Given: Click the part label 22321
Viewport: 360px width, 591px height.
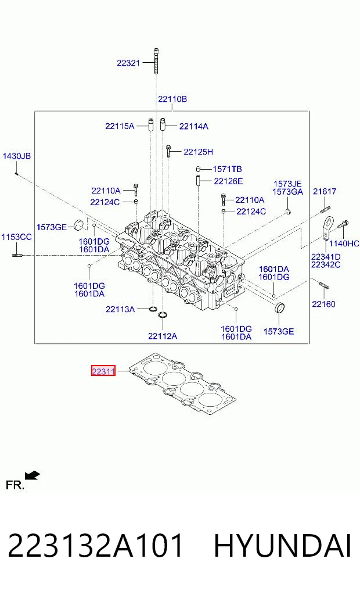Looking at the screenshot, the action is [x=128, y=63].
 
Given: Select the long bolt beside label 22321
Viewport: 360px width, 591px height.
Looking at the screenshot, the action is [x=156, y=61].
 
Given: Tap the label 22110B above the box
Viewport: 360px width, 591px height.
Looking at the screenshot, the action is [x=172, y=99].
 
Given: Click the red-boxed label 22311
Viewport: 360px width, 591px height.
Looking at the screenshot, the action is [x=103, y=371].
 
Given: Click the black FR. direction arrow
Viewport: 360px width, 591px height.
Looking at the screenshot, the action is [x=33, y=476].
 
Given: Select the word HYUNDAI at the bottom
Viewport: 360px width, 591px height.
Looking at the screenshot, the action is [x=282, y=546].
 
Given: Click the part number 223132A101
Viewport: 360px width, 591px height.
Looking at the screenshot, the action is [x=95, y=546].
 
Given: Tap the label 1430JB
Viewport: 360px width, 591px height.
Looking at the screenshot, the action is [x=17, y=156].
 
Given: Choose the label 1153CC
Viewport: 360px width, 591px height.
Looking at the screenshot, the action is [x=17, y=237].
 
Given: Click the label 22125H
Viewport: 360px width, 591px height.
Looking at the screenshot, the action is [x=198, y=152].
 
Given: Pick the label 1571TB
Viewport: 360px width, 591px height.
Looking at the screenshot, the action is [x=228, y=169].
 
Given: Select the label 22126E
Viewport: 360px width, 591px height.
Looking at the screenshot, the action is [x=229, y=181].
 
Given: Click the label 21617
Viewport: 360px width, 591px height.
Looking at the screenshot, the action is [x=325, y=191].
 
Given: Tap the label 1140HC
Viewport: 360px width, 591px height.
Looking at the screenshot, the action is [x=344, y=243].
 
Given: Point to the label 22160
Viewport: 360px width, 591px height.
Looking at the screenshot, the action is [x=323, y=304].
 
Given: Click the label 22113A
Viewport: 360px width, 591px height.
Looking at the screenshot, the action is [x=120, y=309].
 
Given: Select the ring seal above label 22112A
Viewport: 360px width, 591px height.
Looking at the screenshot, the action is [x=163, y=315].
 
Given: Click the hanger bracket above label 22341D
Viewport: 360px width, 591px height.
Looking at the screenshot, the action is [x=329, y=227].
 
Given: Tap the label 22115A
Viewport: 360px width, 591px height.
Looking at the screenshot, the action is [x=120, y=126].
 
